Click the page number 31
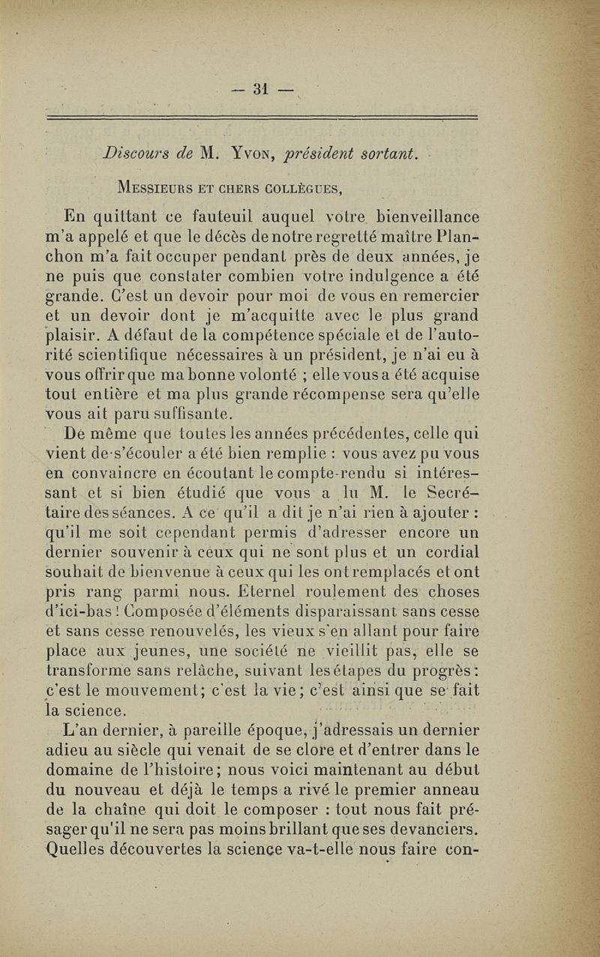click(261, 88)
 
